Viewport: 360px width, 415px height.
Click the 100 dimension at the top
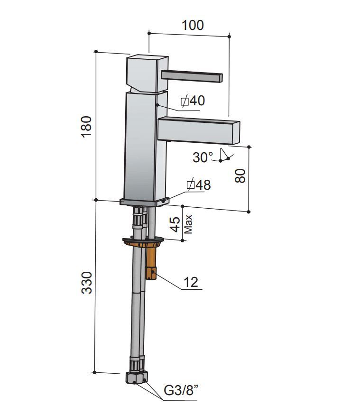pos(193,25)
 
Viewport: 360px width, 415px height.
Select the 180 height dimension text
pos(86,127)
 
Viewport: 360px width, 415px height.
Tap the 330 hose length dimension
pos(86,282)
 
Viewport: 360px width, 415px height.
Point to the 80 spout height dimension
pos(240,176)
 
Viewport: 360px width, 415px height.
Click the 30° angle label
pos(203,157)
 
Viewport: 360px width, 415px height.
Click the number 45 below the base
pos(175,224)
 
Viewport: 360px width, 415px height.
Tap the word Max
pos(188,224)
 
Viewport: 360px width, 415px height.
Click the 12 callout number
pos(191,282)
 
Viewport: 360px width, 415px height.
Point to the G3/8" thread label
pos(181,390)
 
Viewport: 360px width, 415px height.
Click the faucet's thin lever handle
pos(192,76)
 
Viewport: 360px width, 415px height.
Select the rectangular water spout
pos(199,130)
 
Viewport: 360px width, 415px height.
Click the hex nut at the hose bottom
pos(137,378)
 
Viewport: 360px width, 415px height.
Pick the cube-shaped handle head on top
pos(147,74)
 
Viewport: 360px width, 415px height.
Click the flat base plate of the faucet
pos(145,202)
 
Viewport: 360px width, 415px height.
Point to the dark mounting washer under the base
pos(143,241)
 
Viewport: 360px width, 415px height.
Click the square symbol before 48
pos(191,184)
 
